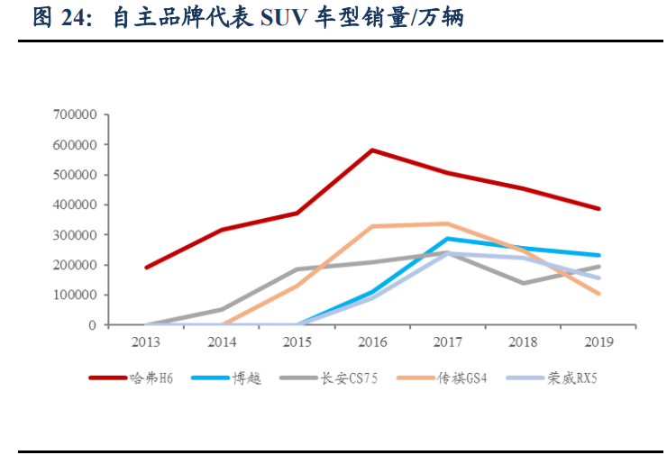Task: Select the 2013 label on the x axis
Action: point(146,341)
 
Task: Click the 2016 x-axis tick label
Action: point(372,341)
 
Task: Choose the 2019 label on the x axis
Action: point(598,341)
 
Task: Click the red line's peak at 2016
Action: point(372,150)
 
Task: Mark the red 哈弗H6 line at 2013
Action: point(146,268)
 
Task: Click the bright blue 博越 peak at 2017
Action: point(448,239)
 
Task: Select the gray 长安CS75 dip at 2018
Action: point(524,283)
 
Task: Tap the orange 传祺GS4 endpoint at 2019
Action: point(598,294)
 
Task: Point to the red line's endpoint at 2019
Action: point(598,208)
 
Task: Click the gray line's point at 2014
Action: point(222,309)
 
